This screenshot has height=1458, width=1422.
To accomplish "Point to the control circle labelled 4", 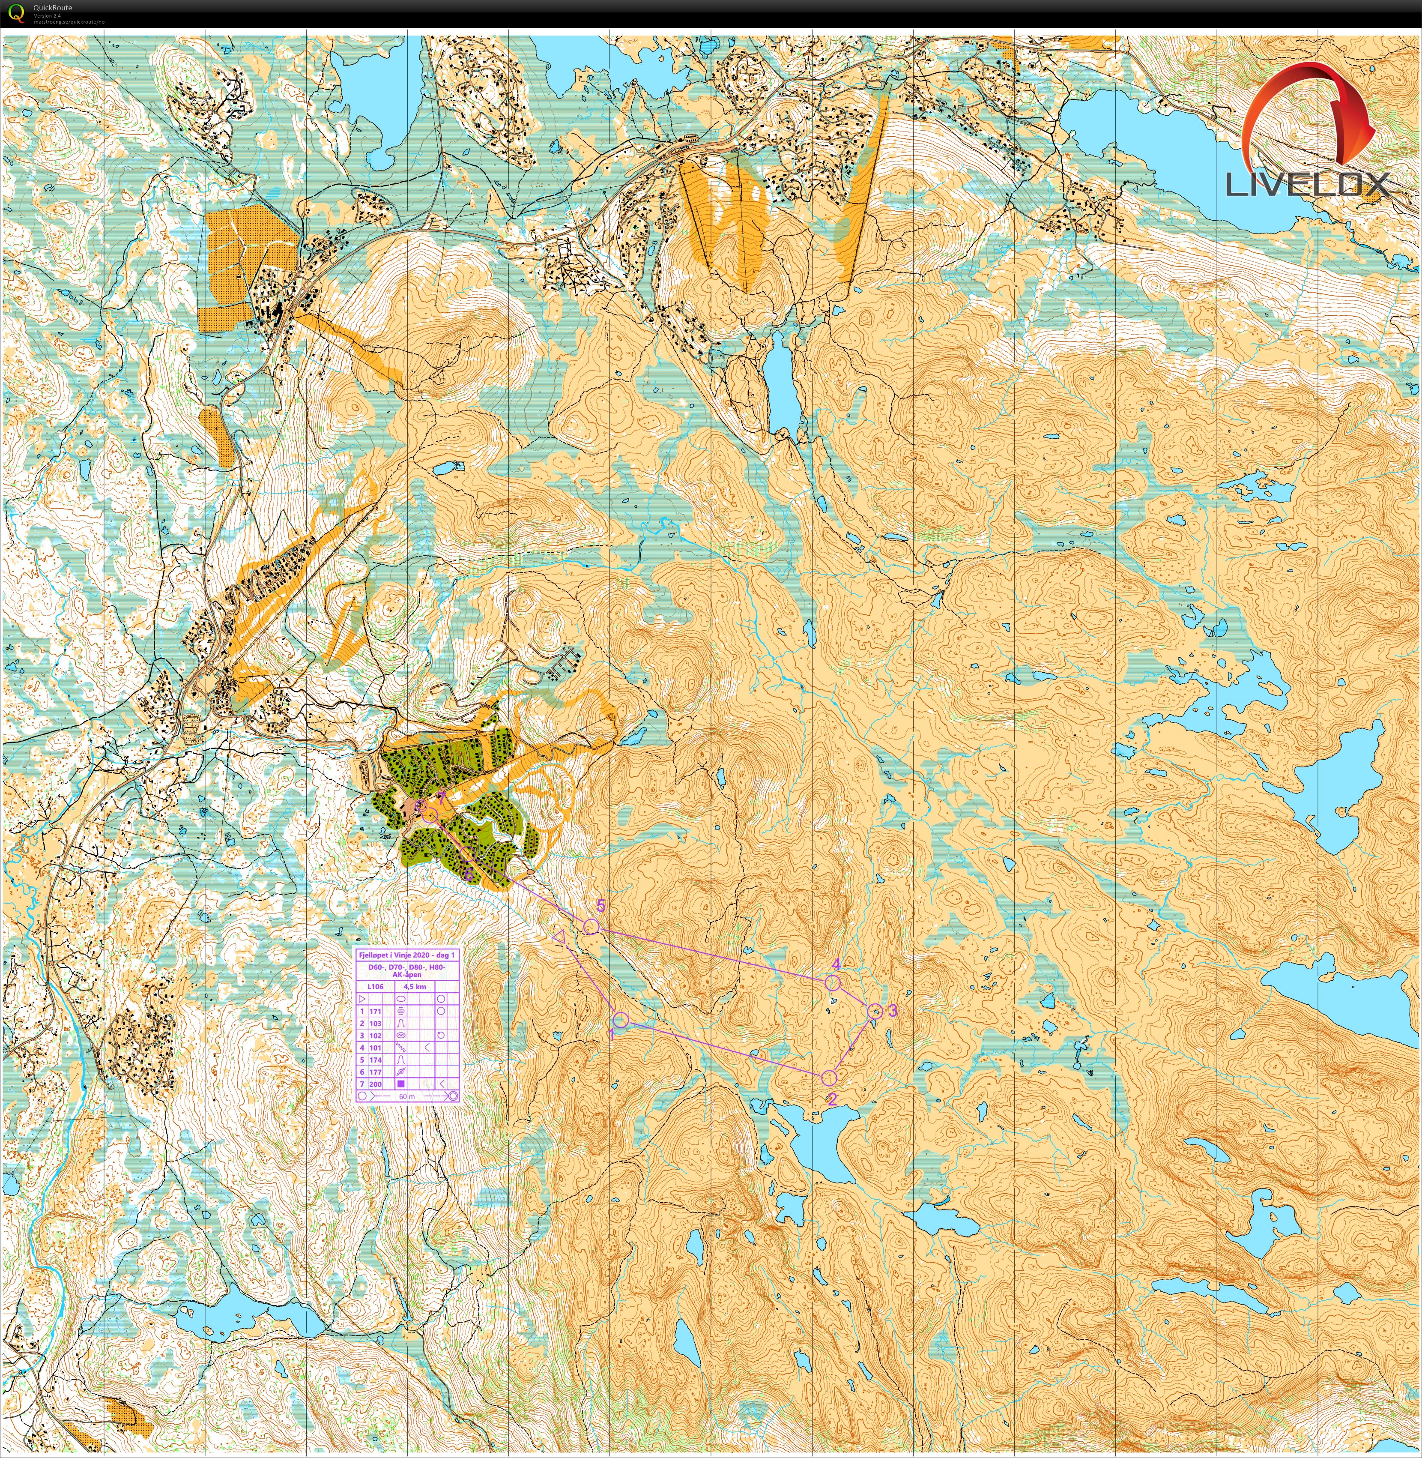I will pyautogui.click(x=833, y=983).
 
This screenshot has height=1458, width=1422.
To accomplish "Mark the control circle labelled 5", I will pyautogui.click(x=591, y=927).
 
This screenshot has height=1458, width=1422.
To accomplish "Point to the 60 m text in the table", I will pyautogui.click(x=407, y=1096).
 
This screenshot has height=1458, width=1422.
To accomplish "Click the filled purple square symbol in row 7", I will pyautogui.click(x=401, y=1084).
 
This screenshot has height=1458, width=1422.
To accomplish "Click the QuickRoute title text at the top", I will pyautogui.click(x=52, y=7).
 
